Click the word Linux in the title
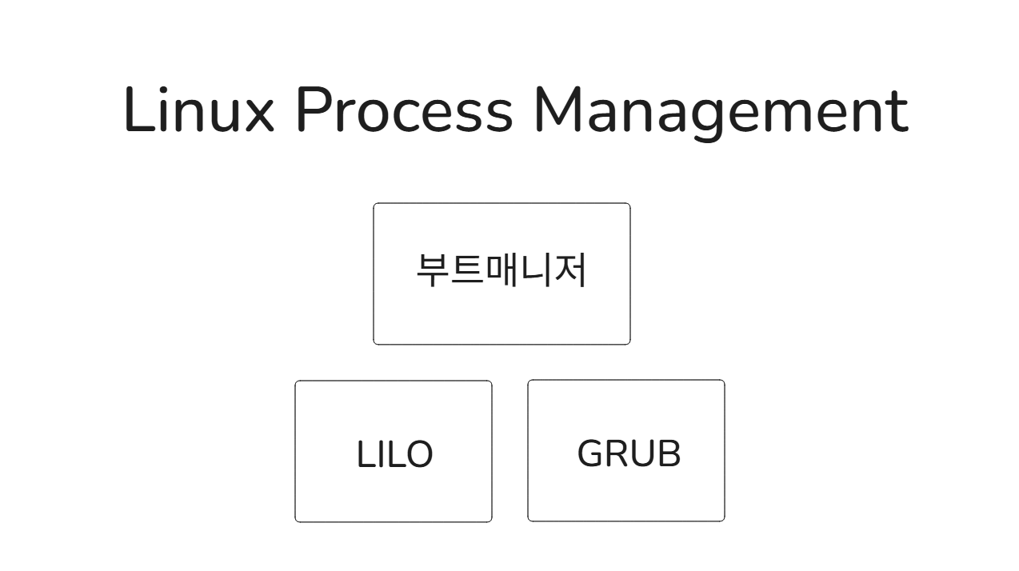[x=199, y=110]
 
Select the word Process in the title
[x=404, y=110]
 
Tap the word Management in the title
[x=720, y=110]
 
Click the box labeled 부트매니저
[x=502, y=274]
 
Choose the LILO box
[x=394, y=451]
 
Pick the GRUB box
[x=626, y=450]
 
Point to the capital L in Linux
[x=138, y=110]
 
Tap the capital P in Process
[x=313, y=110]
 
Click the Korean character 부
[x=432, y=270]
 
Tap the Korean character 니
[x=536, y=270]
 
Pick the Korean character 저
[x=570, y=270]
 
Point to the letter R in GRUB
[x=616, y=453]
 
